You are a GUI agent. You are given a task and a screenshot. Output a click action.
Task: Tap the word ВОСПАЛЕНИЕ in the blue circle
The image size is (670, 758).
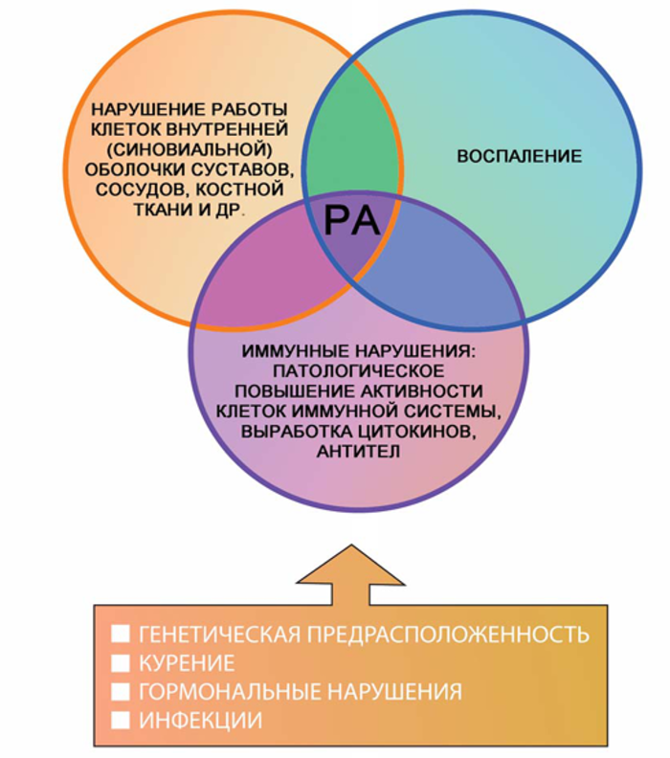(x=519, y=155)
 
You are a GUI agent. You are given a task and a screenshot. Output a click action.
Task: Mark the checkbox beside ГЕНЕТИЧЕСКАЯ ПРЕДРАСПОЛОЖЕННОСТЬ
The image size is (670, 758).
(x=122, y=635)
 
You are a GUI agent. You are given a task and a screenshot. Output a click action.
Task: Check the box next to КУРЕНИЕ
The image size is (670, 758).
(x=122, y=663)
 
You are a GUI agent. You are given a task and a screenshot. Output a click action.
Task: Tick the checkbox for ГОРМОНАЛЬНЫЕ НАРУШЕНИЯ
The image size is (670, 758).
(x=122, y=691)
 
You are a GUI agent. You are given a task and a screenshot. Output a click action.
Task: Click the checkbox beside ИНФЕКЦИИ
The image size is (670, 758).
(x=122, y=720)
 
